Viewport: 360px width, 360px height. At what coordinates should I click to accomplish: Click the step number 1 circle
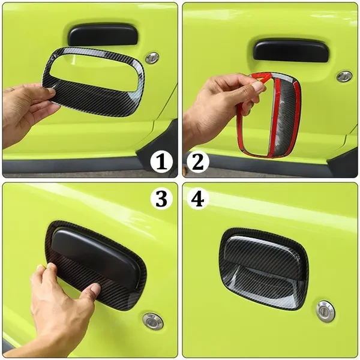click(x=161, y=162)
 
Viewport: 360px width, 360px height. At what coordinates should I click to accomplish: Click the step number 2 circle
click(x=198, y=162)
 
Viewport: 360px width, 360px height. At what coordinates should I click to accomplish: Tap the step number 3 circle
click(x=161, y=198)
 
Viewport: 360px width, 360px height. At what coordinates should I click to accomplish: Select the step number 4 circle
click(x=198, y=198)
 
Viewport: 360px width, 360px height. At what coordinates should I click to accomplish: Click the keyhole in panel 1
click(x=152, y=58)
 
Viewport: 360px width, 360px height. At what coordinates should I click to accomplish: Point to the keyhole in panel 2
click(x=344, y=77)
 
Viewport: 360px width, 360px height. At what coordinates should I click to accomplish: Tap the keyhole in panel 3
click(x=153, y=321)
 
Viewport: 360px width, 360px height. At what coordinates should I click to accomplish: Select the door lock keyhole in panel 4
click(x=325, y=311)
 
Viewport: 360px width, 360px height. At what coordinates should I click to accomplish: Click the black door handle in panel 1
click(x=103, y=35)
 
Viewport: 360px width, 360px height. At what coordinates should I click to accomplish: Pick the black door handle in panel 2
click(x=290, y=51)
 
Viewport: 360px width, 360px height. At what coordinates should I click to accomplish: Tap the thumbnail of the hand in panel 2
click(x=258, y=86)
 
